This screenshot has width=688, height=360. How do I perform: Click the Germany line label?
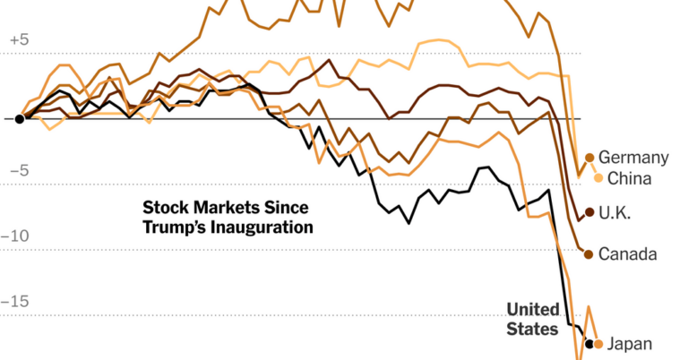(x=633, y=158)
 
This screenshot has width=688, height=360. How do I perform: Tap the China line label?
(x=629, y=178)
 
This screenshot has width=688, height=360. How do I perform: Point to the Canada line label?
(x=627, y=254)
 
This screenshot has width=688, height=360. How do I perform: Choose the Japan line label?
(x=630, y=344)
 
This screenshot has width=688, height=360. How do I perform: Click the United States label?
(x=532, y=319)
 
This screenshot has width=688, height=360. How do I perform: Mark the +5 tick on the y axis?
(x=19, y=40)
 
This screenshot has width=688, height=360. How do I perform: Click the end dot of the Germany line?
(x=589, y=158)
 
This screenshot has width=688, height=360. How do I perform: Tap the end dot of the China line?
(x=598, y=178)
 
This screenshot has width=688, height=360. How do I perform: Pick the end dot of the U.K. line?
(x=589, y=212)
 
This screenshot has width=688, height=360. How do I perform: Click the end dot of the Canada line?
(x=588, y=254)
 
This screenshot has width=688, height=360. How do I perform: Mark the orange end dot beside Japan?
(x=598, y=344)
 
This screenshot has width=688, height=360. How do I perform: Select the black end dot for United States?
(x=589, y=344)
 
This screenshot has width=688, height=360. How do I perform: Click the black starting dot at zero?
(x=19, y=118)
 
